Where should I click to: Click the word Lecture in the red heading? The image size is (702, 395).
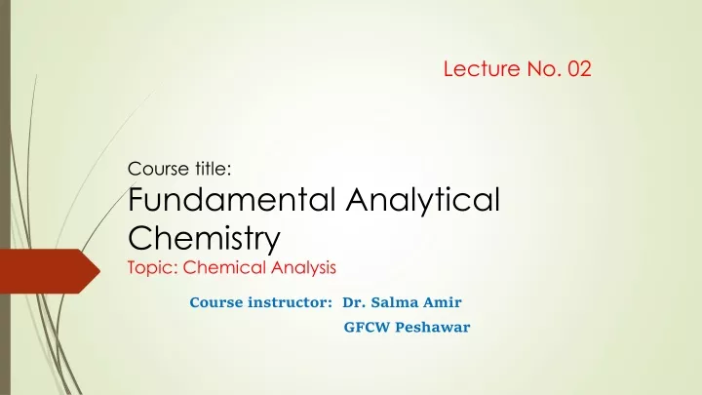[482, 69]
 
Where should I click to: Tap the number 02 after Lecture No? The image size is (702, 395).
[580, 69]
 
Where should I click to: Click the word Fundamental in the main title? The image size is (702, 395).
[232, 199]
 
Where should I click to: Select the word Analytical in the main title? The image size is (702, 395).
[422, 200]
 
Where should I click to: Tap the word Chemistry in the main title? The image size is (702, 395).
[204, 238]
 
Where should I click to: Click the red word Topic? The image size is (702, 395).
[153, 268]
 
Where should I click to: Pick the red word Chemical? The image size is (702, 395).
[225, 267]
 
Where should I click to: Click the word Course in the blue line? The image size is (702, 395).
[216, 302]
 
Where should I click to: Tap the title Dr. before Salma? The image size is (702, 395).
[354, 302]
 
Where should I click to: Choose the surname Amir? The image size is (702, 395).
[443, 302]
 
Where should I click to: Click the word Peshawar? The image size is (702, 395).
[433, 327]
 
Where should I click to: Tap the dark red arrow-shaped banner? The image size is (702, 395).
[50, 271]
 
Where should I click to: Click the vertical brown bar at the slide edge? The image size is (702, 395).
[5, 197]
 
